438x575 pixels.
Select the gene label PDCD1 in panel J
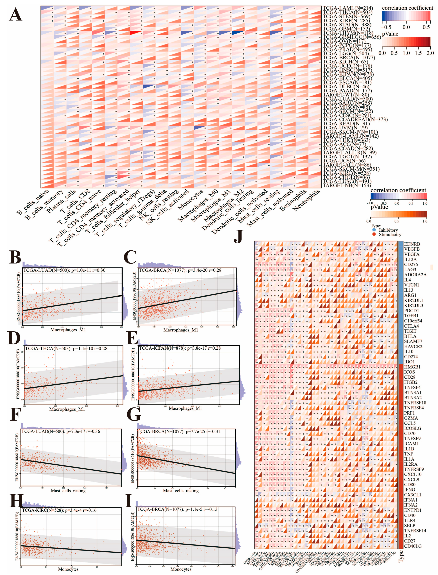[x=411, y=311]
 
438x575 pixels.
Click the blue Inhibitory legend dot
[x=374, y=230]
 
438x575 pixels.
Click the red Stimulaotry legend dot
[x=374, y=234]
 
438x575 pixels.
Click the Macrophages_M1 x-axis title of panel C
[x=181, y=330]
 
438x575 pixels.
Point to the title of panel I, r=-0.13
[x=177, y=509]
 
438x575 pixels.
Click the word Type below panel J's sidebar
[x=401, y=556]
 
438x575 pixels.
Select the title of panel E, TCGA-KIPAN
[x=180, y=348]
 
